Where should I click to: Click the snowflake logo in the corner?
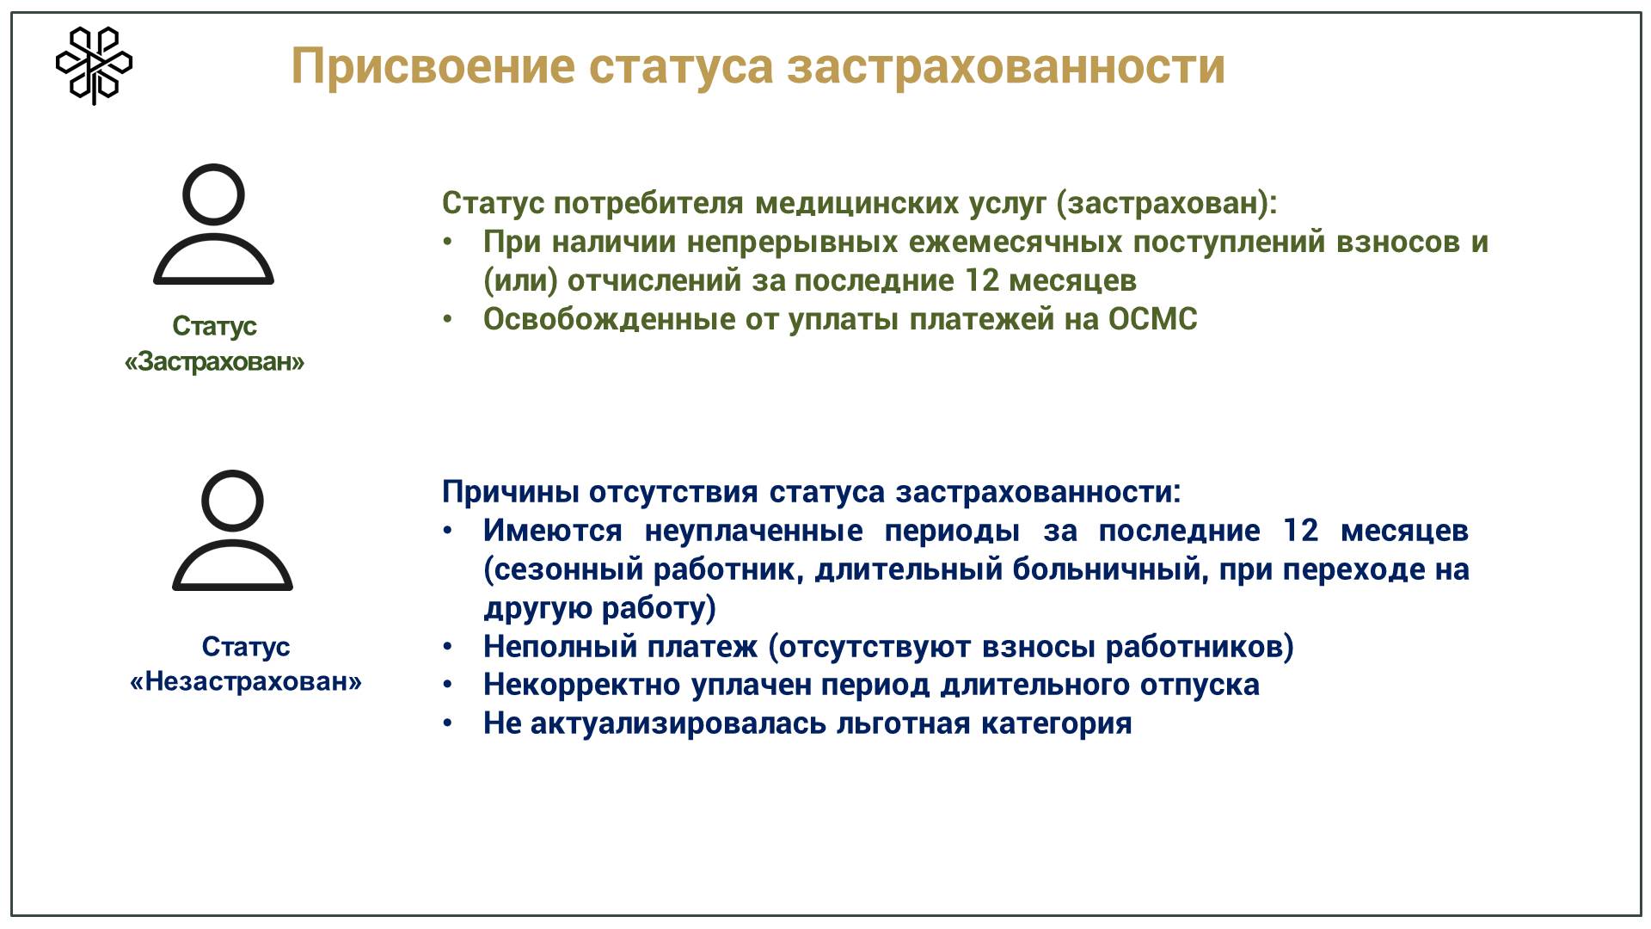(94, 65)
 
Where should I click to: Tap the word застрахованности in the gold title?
(1005, 66)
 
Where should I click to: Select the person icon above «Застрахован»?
(213, 224)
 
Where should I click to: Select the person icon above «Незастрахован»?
(232, 530)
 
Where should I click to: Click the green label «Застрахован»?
(214, 361)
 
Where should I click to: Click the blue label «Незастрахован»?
(246, 681)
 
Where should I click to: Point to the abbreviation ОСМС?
(1152, 319)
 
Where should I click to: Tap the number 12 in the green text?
(982, 280)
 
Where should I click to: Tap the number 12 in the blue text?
(1300, 531)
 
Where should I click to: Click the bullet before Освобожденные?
(447, 319)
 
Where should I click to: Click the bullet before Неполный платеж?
(447, 646)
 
